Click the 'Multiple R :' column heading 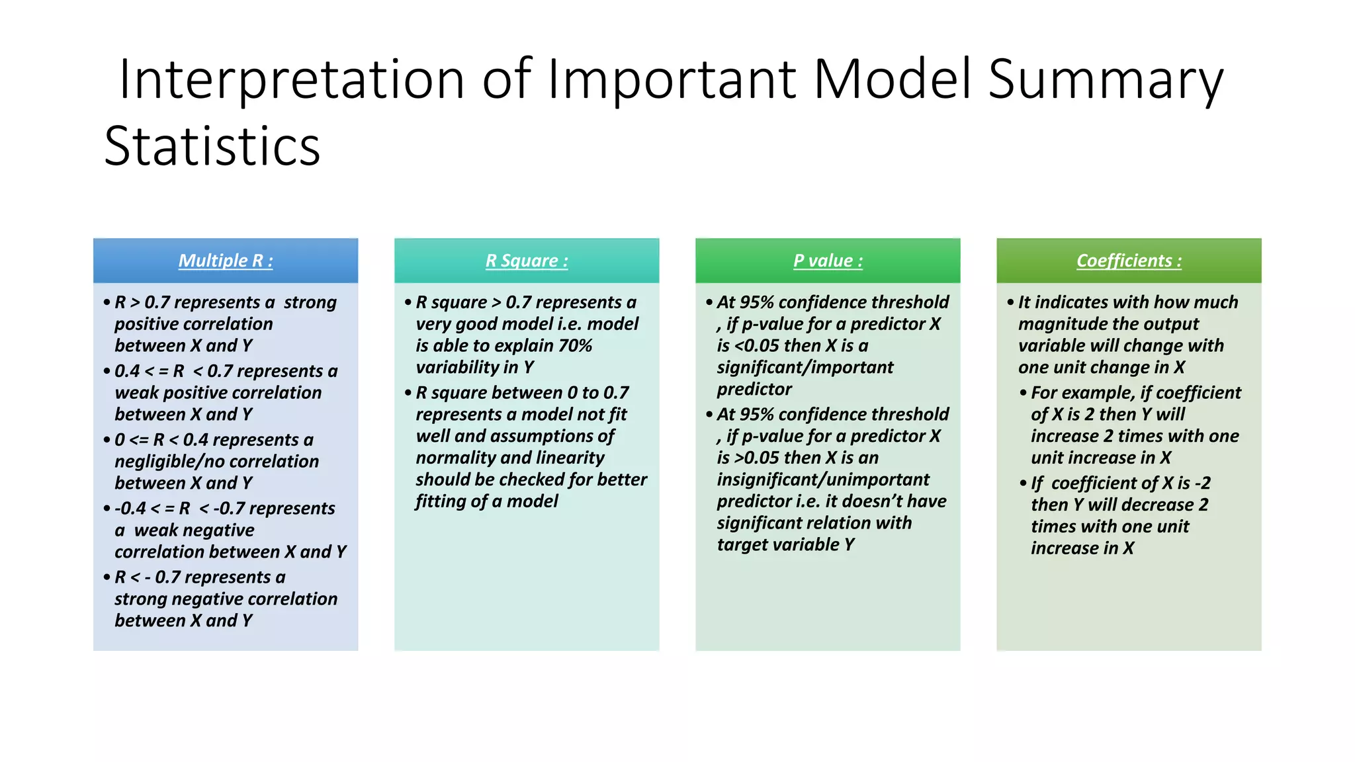(226, 261)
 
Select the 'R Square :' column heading (527, 261)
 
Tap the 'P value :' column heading (828, 261)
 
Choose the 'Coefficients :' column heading (1129, 261)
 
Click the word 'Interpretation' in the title (292, 79)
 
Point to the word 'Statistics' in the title (212, 146)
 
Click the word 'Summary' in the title (1106, 79)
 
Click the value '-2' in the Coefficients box (1202, 484)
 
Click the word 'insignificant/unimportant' (823, 480)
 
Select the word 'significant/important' (805, 368)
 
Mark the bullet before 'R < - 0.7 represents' (107, 577)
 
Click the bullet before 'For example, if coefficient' (1023, 393)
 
